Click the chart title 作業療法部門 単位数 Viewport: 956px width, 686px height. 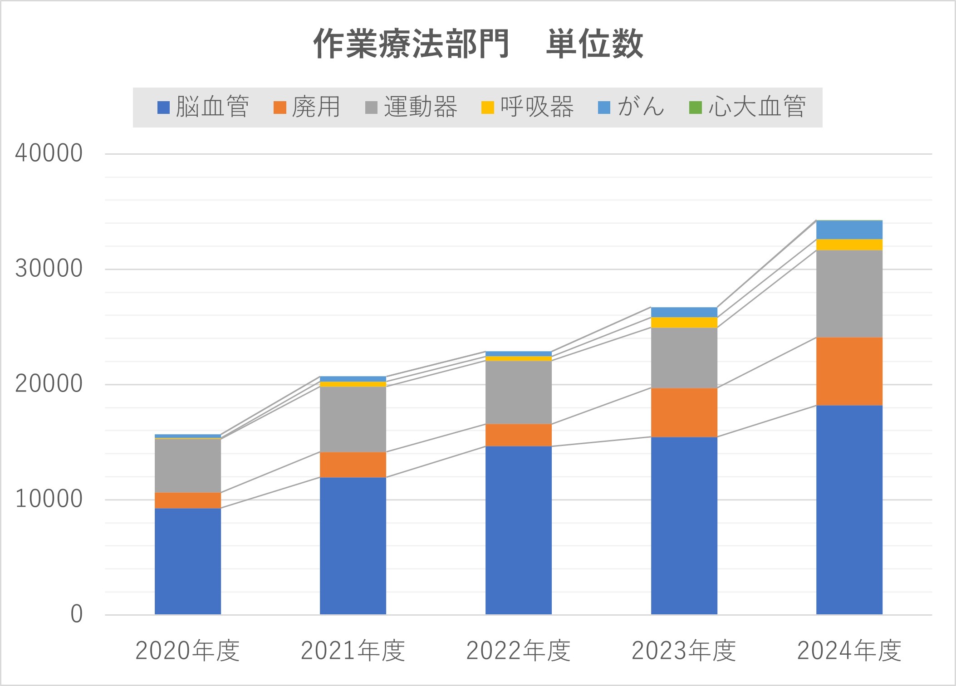coord(478,44)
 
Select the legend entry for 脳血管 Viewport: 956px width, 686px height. coord(203,108)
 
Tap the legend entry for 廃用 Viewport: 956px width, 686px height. coord(307,108)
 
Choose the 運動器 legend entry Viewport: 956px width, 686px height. coord(411,108)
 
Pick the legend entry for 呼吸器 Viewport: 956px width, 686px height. coord(528,108)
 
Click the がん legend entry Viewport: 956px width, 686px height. coord(631,108)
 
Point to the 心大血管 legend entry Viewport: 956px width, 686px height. coord(747,108)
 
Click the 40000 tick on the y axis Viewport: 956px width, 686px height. coord(49,153)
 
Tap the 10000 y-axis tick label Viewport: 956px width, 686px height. coord(49,499)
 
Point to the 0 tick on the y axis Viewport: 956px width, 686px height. coord(77,614)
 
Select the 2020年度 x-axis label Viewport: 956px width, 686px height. coord(187,651)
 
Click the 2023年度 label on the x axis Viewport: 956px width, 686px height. coord(684,651)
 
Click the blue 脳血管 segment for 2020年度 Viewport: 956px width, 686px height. coord(188,561)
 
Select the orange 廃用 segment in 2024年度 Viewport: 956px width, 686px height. coord(849,371)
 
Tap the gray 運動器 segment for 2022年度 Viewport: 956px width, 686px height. coord(519,392)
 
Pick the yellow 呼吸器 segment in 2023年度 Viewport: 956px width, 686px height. coord(684,322)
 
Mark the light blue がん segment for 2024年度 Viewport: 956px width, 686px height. coord(849,230)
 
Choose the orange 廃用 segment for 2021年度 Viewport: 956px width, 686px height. coord(353,465)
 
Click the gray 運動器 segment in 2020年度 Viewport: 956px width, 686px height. coord(188,465)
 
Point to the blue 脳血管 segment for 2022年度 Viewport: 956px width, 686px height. coord(519,530)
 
